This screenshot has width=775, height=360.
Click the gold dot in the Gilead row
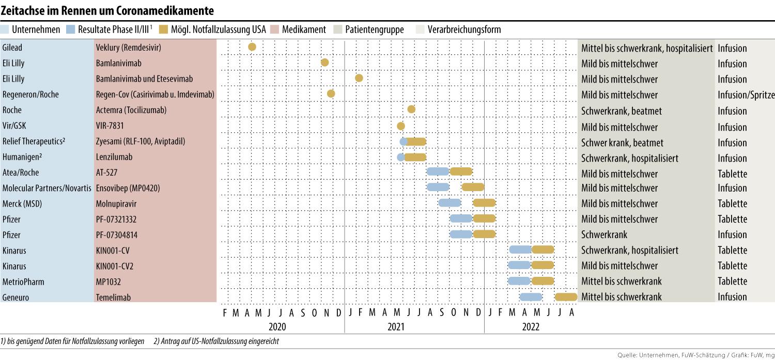point(252,47)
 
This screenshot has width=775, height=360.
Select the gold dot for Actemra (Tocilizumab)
point(411,109)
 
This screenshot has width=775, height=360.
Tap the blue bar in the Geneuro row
point(531,297)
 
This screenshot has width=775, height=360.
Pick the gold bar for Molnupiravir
point(485,203)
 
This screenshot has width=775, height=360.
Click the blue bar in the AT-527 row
point(438,171)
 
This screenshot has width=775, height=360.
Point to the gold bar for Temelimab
point(566,297)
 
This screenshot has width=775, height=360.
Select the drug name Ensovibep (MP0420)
point(128,188)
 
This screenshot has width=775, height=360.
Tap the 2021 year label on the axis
point(396,326)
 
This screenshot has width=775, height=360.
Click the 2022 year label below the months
point(531,326)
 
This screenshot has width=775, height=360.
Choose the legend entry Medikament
point(304,29)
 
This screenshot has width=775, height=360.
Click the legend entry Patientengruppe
point(374,29)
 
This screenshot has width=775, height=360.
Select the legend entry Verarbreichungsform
point(464,29)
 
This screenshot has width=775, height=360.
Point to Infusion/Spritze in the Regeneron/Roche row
point(746,95)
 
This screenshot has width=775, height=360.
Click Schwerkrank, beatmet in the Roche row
point(621,111)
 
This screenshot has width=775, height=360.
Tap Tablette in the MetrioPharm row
point(732,281)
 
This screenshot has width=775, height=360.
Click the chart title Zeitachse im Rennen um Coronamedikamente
point(107,10)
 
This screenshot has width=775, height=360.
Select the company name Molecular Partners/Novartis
point(47,188)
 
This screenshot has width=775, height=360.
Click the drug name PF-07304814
point(116,235)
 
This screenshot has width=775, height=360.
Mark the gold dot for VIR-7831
point(401,126)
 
